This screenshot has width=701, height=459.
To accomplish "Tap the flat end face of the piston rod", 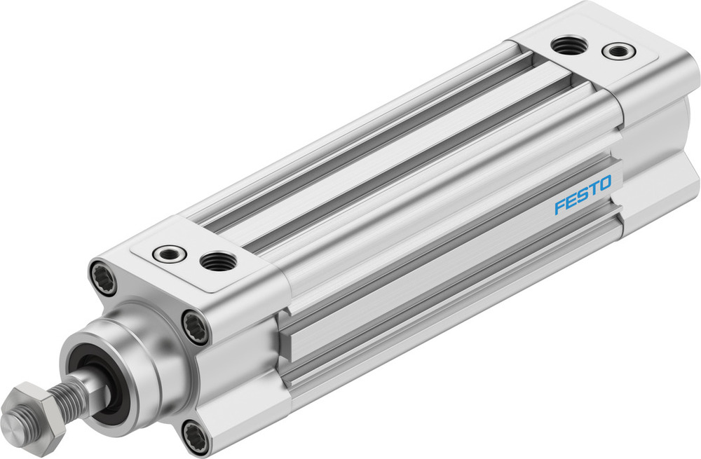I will point(12,424).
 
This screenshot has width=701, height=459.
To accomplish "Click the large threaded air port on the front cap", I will point(218,261).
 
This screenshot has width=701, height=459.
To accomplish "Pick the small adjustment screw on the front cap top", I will point(168,253).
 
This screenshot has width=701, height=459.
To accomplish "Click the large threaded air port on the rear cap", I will point(568,46).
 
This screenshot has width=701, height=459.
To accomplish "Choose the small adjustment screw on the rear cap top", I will point(618,50).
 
